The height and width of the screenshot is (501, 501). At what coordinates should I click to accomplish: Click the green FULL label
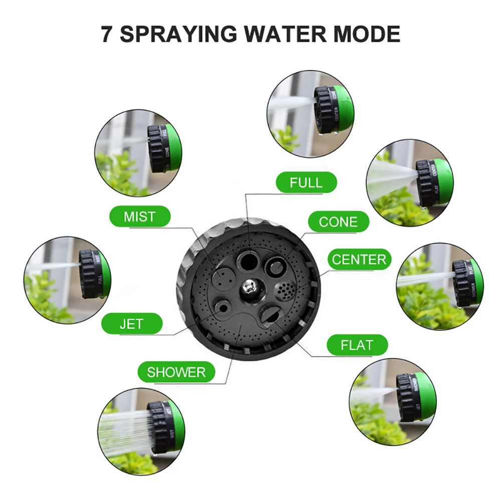306,182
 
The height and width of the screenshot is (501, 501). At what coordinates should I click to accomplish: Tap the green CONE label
338,222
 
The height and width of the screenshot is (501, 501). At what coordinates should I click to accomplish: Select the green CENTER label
359,260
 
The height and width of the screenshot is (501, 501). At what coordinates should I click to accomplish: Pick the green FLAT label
357,345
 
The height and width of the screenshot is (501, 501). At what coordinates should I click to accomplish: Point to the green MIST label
140,217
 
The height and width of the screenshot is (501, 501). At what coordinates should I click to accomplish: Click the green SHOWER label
176,372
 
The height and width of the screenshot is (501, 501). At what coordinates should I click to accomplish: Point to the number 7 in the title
107,35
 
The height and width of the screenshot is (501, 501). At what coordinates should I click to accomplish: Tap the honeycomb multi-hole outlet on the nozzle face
284,289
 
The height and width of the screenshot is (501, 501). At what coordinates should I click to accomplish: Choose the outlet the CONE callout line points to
275,265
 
